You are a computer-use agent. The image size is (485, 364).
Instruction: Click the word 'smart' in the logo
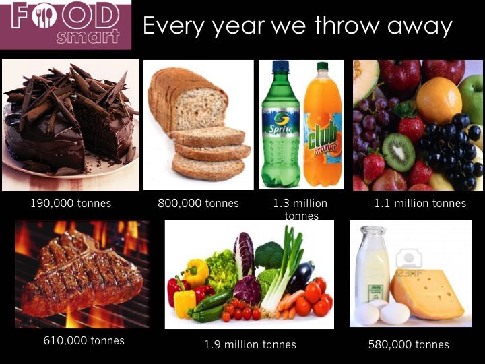pos(88,37)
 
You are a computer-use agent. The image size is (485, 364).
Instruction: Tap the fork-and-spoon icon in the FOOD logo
pos(44,15)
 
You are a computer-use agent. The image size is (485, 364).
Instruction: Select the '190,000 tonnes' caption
pos(71,204)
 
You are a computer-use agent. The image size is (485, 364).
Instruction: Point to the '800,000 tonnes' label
pos(198,204)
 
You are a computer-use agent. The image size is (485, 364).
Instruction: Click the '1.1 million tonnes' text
pos(420,204)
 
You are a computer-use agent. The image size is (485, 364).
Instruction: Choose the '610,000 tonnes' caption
pos(84,341)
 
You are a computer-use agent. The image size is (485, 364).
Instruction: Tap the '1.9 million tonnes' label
pos(250,345)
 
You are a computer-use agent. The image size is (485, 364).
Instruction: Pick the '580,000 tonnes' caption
pos(409,345)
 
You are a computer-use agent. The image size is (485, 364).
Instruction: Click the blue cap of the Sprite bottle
pos(281,67)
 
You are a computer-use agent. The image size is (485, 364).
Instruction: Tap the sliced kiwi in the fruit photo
pos(398,152)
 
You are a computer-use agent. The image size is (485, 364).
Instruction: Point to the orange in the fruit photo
pos(439,100)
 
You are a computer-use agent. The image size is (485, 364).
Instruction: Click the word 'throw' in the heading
pos(347,25)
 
